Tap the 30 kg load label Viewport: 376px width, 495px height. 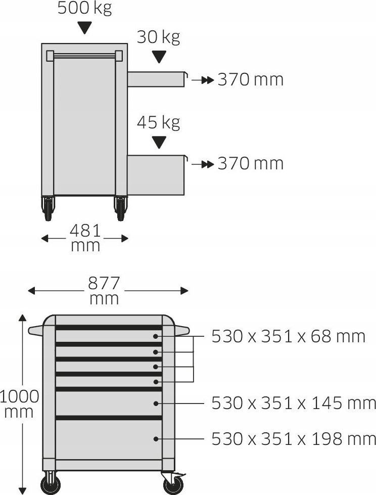[x=158, y=37]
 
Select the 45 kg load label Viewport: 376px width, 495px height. [x=158, y=122]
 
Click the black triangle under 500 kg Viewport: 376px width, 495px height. [x=85, y=28]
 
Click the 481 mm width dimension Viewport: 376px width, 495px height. [x=85, y=238]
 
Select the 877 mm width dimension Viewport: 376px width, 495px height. [x=104, y=290]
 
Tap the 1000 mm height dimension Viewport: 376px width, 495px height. [x=19, y=404]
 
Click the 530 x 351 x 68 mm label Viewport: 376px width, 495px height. [x=288, y=337]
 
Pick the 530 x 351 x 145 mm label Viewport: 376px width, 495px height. [x=293, y=403]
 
